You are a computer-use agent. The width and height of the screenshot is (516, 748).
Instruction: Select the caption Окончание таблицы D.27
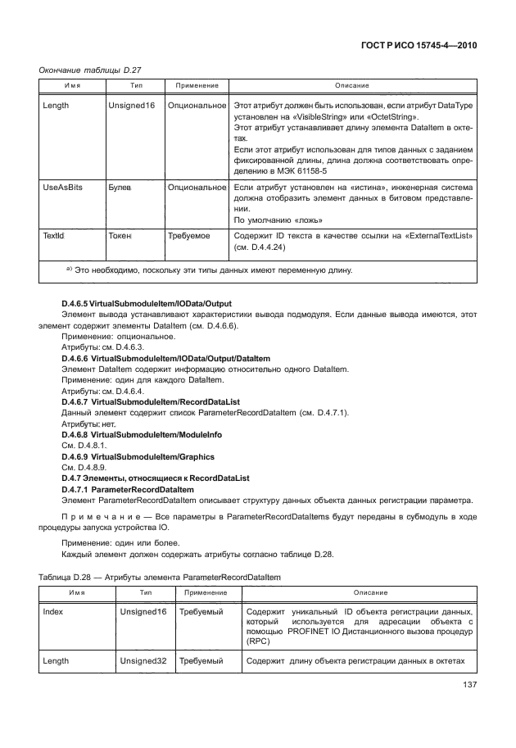pos(84,70)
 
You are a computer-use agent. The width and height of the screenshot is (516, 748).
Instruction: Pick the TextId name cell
pos(54,235)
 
